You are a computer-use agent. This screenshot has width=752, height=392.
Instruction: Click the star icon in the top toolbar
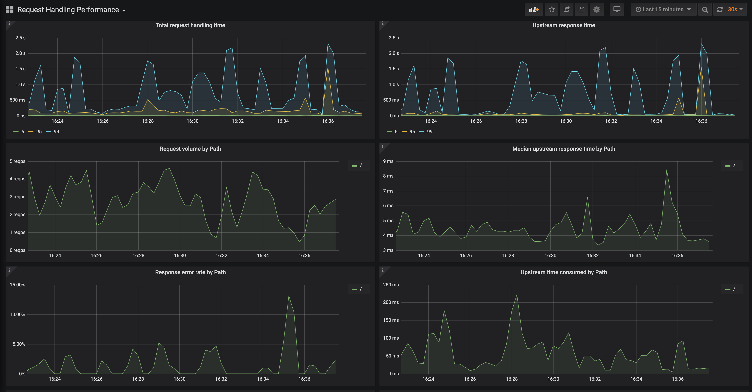point(551,10)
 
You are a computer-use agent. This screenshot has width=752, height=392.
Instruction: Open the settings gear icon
point(597,10)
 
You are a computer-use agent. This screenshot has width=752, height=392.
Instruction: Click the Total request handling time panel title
point(190,25)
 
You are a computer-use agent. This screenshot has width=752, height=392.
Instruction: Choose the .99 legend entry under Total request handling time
point(53,132)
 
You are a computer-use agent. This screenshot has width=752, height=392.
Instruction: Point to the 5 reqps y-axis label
point(17,161)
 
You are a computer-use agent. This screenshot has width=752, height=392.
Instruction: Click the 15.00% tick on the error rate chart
point(17,285)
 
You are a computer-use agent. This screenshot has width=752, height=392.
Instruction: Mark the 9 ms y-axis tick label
point(388,161)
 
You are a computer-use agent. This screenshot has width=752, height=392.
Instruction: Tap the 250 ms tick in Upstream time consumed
point(391,285)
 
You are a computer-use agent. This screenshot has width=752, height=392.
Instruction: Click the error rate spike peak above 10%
point(289,296)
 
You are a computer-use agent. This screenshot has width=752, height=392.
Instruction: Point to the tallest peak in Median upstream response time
point(666,170)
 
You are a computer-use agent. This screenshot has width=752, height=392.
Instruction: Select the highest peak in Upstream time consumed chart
point(517,295)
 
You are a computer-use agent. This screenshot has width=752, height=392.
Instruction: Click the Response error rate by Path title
point(190,272)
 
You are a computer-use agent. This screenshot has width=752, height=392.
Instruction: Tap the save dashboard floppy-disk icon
point(581,10)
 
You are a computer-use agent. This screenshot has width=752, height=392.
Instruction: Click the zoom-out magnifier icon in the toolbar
point(705,10)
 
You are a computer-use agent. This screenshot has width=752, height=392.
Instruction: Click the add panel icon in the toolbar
point(534,10)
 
